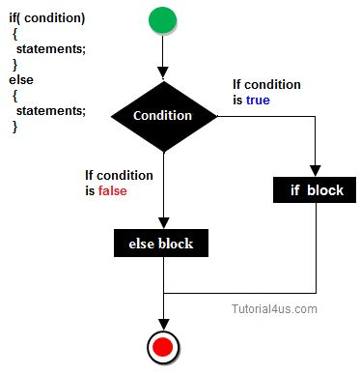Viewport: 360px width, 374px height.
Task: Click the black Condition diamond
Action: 162,116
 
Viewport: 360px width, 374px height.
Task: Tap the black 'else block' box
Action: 161,243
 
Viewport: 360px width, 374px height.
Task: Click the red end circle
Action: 162,346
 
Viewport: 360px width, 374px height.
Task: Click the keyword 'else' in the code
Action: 20,80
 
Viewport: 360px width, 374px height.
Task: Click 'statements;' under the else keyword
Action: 54,111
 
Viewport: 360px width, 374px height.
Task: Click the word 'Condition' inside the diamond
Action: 162,116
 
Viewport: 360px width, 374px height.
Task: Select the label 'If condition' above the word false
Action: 118,175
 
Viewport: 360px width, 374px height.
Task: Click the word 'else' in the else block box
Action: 142,243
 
